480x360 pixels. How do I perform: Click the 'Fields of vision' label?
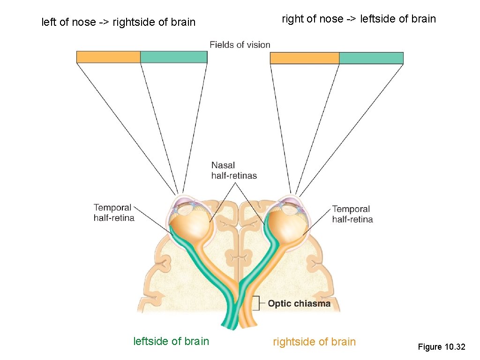[x=240, y=45]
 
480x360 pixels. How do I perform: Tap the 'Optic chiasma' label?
[x=299, y=304]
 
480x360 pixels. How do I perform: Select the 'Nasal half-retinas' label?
[x=234, y=171]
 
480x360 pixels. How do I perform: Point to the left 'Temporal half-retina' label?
[x=114, y=213]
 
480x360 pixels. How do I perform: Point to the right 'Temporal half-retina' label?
[x=352, y=214]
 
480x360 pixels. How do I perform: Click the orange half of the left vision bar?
[x=108, y=57]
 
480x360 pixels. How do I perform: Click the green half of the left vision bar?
[x=173, y=57]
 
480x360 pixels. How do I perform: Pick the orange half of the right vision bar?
[x=304, y=58]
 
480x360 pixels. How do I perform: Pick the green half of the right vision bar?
[x=371, y=58]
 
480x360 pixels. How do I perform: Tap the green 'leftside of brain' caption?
[x=171, y=341]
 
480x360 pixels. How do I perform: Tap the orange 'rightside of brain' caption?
[x=314, y=342]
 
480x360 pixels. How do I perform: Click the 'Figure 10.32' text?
[x=441, y=347]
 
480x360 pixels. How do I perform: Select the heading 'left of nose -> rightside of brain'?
[x=118, y=22]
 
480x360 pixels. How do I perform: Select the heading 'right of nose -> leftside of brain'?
[x=359, y=19]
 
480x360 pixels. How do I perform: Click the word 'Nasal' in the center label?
[x=223, y=165]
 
